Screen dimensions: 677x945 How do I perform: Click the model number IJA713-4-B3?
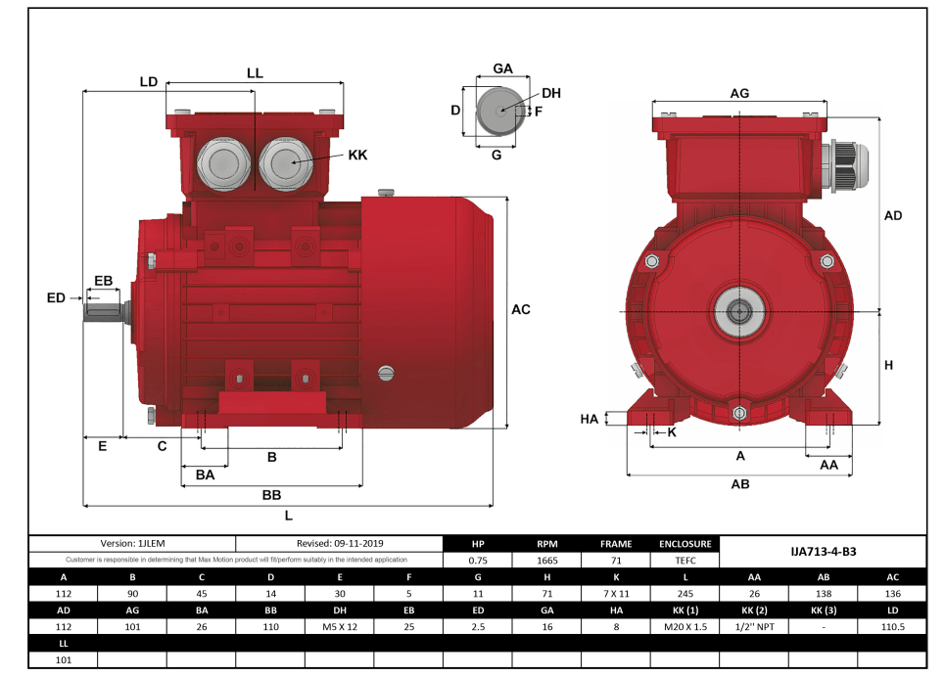point(823,552)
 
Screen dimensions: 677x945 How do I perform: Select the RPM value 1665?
point(547,561)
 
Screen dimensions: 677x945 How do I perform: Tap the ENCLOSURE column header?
point(685,543)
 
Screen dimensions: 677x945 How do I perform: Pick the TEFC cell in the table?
point(685,561)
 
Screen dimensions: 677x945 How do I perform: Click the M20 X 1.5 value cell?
point(685,626)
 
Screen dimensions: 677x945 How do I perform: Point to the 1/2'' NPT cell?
point(754,626)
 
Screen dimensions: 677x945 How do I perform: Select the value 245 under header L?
point(685,593)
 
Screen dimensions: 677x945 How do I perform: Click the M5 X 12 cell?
point(340,626)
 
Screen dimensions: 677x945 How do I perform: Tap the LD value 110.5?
point(892,626)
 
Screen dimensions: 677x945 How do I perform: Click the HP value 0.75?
point(478,561)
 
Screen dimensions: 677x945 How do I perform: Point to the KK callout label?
point(357,156)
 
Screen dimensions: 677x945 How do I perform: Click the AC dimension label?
point(521,309)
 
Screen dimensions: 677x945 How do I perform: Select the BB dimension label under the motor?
point(271,495)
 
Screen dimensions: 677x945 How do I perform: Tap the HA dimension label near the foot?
point(589,419)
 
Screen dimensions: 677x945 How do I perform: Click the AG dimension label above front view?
point(739,93)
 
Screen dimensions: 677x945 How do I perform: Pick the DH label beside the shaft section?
point(551,93)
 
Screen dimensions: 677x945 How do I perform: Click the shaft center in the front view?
point(739,312)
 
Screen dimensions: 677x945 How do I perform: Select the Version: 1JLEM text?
point(132,543)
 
